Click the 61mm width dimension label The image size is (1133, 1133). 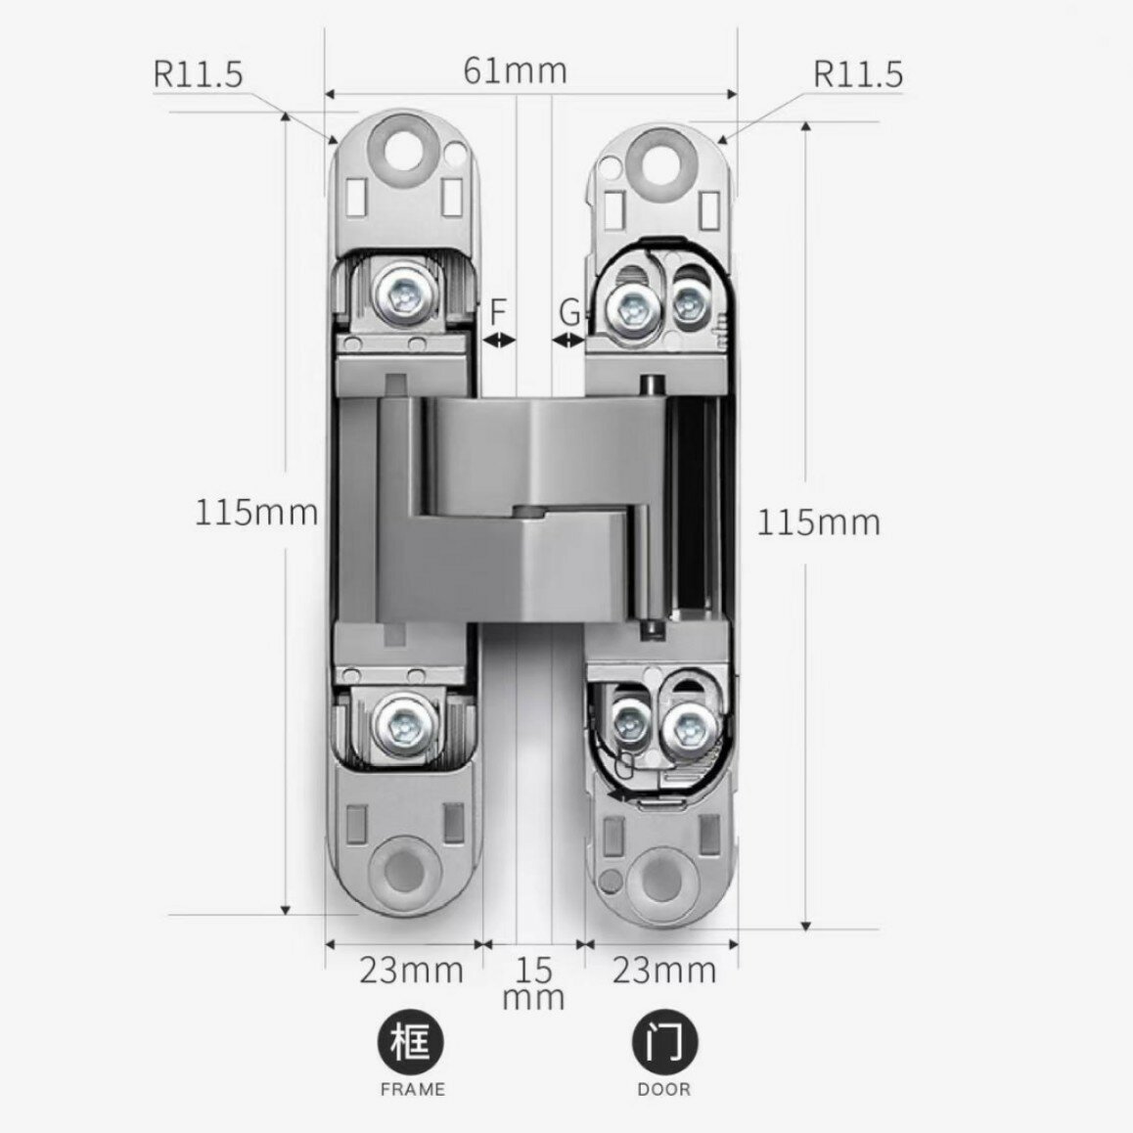pyautogui.click(x=516, y=70)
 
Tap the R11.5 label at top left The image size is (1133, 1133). pyautogui.click(x=198, y=73)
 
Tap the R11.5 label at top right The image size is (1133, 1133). pyautogui.click(x=858, y=74)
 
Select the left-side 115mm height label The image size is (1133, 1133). pyautogui.click(x=256, y=513)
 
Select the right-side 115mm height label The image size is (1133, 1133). pyautogui.click(x=819, y=521)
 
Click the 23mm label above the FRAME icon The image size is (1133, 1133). pyautogui.click(x=411, y=971)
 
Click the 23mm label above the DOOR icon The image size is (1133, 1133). pyautogui.click(x=664, y=971)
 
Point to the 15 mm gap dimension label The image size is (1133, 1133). pyautogui.click(x=533, y=982)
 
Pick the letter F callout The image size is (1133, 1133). pyautogui.click(x=498, y=312)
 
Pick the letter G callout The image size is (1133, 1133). pyautogui.click(x=570, y=313)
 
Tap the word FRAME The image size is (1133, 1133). pyautogui.click(x=413, y=1089)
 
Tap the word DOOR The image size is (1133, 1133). pyautogui.click(x=664, y=1089)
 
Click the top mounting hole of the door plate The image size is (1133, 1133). pyautogui.click(x=659, y=162)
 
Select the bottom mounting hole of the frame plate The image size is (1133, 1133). pyautogui.click(x=403, y=872)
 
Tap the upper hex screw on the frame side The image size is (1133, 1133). pyautogui.click(x=405, y=295)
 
